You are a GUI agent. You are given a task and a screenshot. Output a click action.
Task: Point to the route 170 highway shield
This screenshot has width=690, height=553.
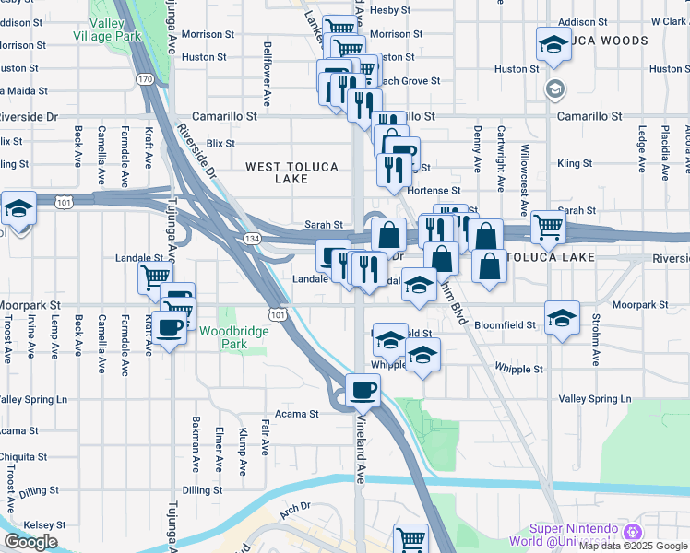pos(145,80)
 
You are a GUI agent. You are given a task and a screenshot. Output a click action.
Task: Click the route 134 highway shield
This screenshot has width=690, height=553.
pos(252,238)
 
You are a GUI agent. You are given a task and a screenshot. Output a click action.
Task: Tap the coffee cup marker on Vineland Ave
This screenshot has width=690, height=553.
pos(363,389)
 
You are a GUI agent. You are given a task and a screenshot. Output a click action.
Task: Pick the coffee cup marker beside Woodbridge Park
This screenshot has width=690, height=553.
pos(170,327)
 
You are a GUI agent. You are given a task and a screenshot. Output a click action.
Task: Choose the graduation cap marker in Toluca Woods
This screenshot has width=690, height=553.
pos(553,42)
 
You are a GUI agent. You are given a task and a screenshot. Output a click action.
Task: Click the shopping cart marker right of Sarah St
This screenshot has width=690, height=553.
pos(548,224)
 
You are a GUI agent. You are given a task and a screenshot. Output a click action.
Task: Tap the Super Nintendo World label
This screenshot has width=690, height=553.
pos(572,534)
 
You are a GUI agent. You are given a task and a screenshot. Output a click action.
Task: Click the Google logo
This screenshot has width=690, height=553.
pos(30,542)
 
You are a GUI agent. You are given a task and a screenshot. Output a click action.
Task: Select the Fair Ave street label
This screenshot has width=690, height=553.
pos(265,438)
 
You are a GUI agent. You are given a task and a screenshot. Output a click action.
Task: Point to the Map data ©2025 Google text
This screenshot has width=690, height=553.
pos(634,546)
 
